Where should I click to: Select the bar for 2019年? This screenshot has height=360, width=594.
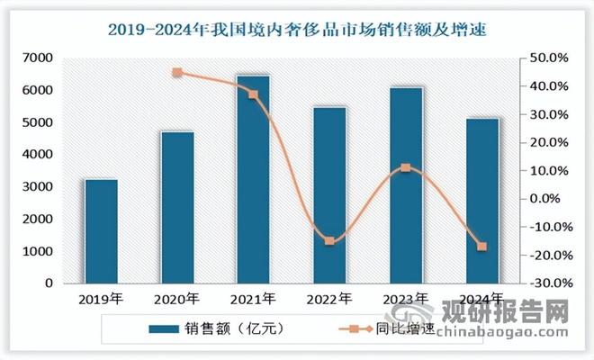point(101,231)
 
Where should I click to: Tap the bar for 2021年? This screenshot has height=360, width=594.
point(253,179)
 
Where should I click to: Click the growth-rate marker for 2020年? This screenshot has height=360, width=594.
point(177,73)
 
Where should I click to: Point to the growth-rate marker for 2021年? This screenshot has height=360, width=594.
point(253,94)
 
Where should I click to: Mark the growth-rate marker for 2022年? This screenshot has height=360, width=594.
point(329,241)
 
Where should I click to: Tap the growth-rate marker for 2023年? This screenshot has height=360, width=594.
point(406,167)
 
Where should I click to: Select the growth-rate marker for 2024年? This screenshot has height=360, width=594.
point(481,247)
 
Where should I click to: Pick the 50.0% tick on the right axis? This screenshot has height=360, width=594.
point(548,58)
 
